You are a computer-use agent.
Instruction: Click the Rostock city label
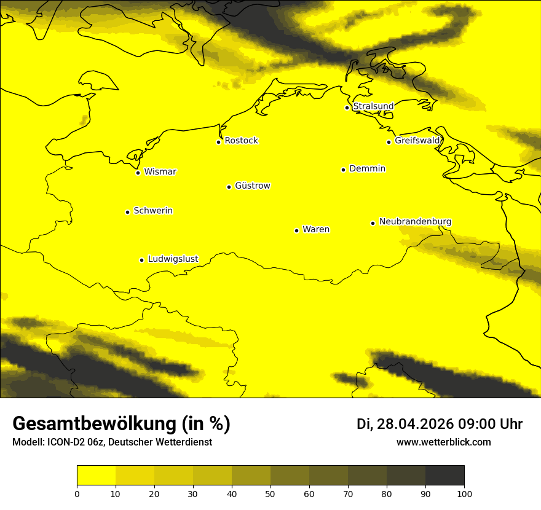coord(241,141)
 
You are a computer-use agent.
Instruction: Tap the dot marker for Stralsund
coord(347,108)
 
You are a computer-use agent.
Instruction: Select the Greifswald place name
coord(417,141)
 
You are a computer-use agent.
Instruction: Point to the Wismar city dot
coord(138,173)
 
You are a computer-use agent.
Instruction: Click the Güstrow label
coord(252,186)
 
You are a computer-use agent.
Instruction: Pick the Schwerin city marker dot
coord(127,212)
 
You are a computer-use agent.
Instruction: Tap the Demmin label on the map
coord(367,168)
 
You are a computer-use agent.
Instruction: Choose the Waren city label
coord(315,229)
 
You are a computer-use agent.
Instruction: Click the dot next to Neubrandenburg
coord(373,223)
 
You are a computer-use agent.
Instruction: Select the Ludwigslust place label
coord(173,259)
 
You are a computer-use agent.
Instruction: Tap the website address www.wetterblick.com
coord(443,442)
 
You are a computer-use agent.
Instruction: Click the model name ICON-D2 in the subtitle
coord(66,442)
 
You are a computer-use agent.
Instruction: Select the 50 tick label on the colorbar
coord(270,493)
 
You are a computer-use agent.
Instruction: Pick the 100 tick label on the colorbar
coord(464,493)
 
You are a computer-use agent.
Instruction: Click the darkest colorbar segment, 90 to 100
coord(444,476)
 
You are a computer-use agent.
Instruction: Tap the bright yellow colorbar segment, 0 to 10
coord(96,476)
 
